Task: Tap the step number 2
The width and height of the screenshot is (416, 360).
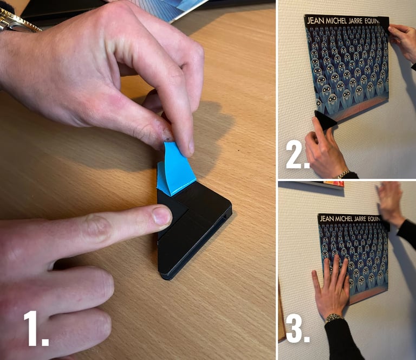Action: pyautogui.click(x=297, y=156)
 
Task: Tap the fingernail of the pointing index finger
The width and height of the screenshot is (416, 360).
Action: pyautogui.click(x=162, y=215)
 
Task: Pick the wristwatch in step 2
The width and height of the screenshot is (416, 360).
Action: pyautogui.click(x=342, y=174)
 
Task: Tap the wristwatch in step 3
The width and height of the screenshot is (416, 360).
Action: pyautogui.click(x=334, y=317)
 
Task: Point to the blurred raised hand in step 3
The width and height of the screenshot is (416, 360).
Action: pyautogui.click(x=391, y=201)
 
